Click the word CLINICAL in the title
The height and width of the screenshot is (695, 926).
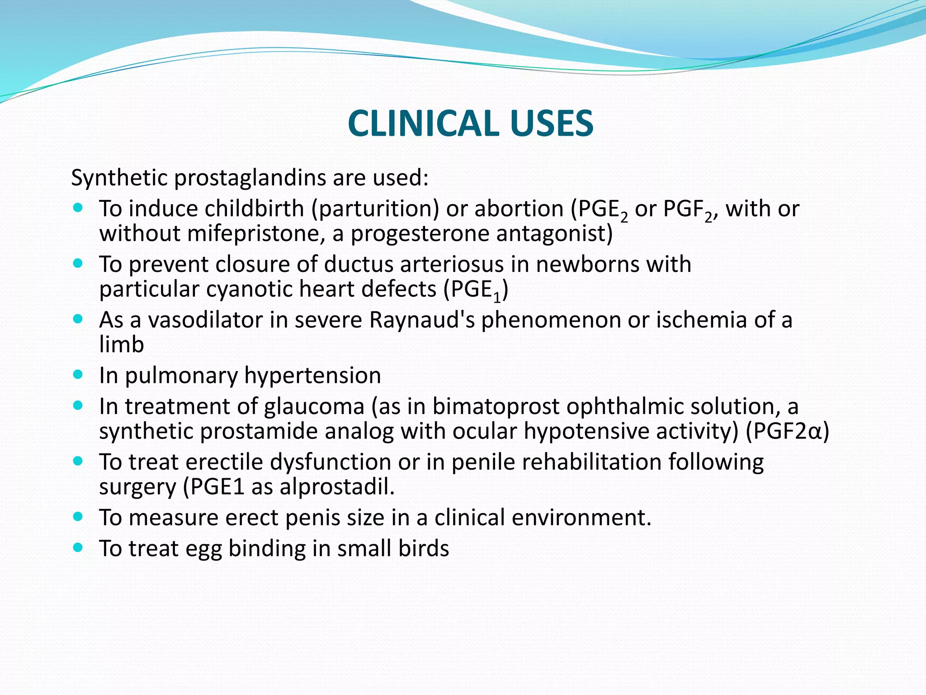[423, 124]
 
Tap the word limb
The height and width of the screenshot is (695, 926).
[121, 345]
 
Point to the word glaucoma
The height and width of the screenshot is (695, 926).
[314, 406]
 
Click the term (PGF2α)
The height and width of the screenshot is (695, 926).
[787, 431]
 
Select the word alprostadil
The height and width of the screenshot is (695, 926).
[337, 487]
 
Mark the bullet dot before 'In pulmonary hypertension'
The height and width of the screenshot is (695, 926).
[78, 375]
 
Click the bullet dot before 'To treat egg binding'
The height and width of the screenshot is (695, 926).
[78, 547]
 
